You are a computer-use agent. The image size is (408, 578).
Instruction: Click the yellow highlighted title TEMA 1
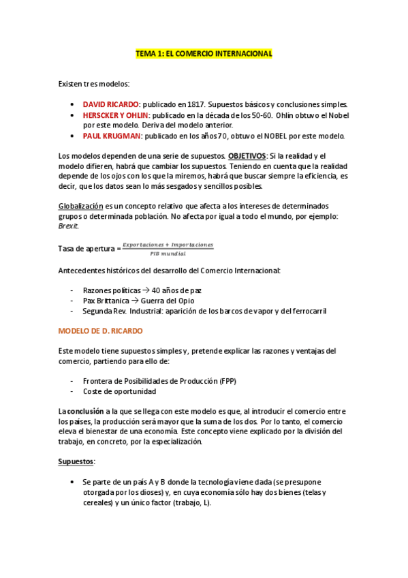click(x=204, y=53)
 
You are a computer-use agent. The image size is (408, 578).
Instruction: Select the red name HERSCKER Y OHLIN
click(x=116, y=115)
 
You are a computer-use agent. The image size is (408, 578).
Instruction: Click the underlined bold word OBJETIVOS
click(x=247, y=155)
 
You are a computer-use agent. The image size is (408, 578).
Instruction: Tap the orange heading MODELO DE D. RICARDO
click(x=100, y=331)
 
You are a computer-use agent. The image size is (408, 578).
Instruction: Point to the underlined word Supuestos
click(x=76, y=461)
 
